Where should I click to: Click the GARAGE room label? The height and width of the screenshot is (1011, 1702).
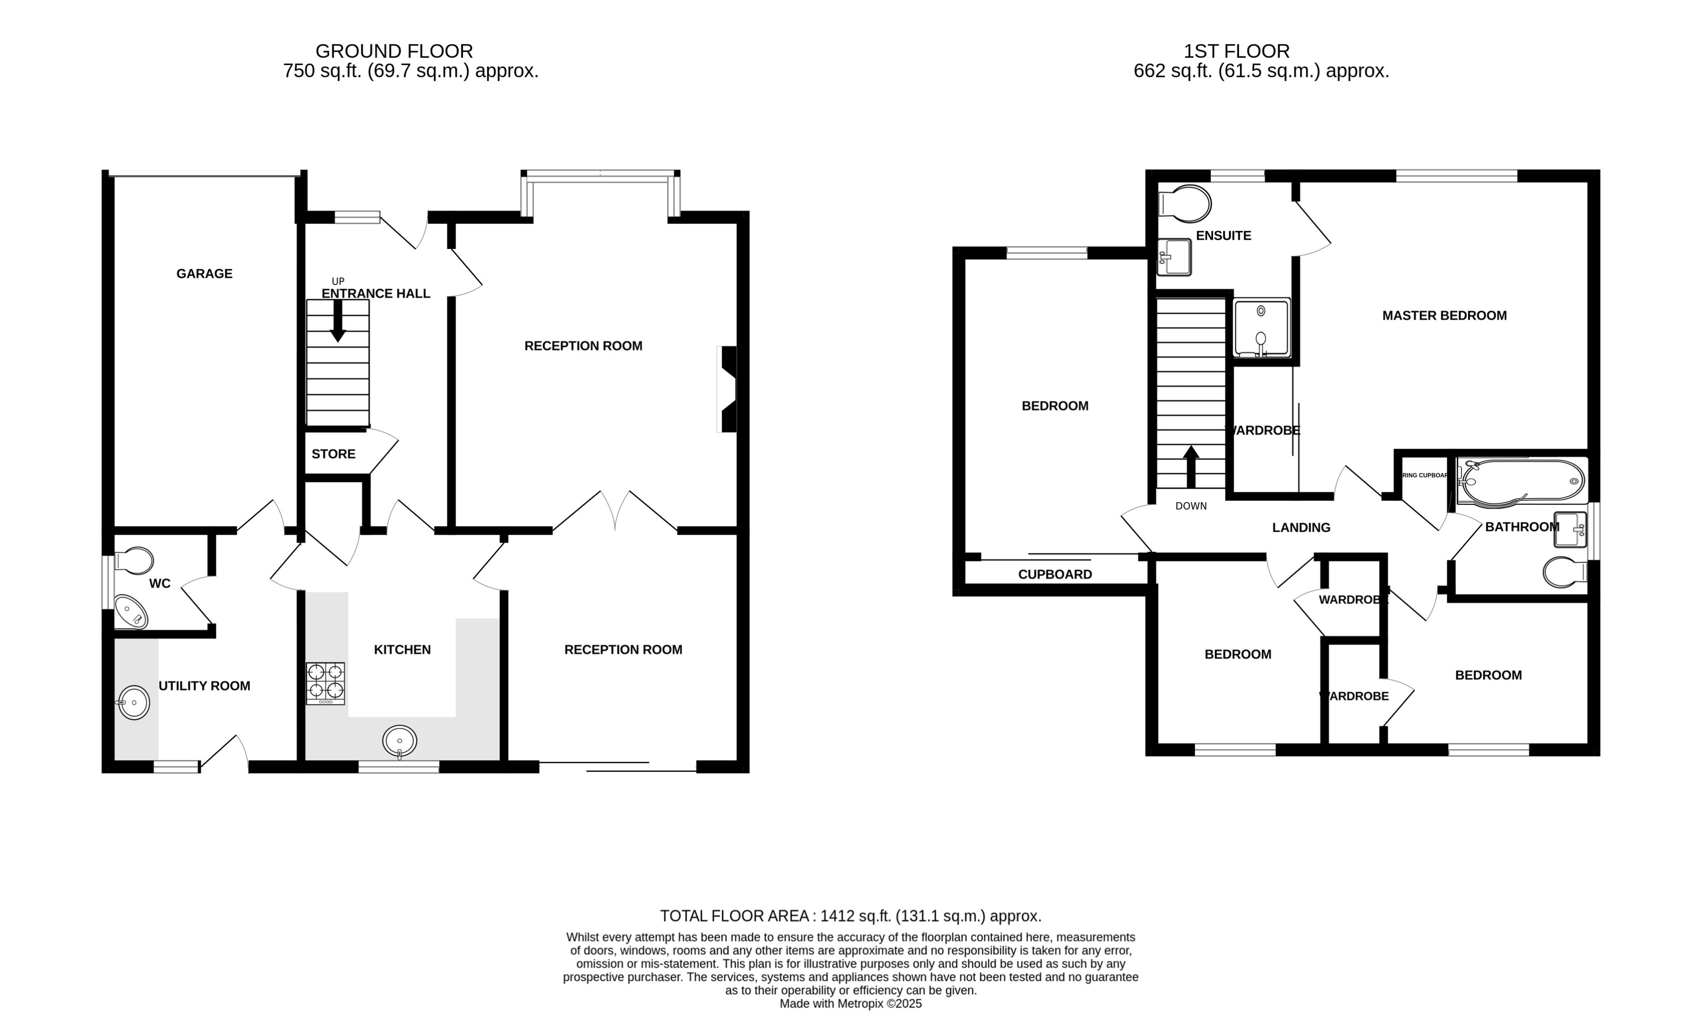(x=204, y=274)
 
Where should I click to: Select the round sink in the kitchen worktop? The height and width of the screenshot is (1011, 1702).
(x=400, y=741)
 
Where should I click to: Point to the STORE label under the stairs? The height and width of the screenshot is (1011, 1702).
(x=333, y=454)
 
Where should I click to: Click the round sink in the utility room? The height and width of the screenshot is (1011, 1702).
(x=134, y=702)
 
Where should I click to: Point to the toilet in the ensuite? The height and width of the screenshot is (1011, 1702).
(x=1186, y=203)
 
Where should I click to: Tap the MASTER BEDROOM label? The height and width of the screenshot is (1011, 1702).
(x=1444, y=316)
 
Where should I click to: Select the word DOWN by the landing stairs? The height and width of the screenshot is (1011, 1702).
(x=1190, y=506)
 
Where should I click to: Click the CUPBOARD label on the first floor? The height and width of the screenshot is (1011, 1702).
(x=1054, y=574)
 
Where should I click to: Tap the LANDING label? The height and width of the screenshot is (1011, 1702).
(x=1301, y=527)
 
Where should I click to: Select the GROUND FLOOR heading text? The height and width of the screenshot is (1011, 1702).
(x=394, y=51)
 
